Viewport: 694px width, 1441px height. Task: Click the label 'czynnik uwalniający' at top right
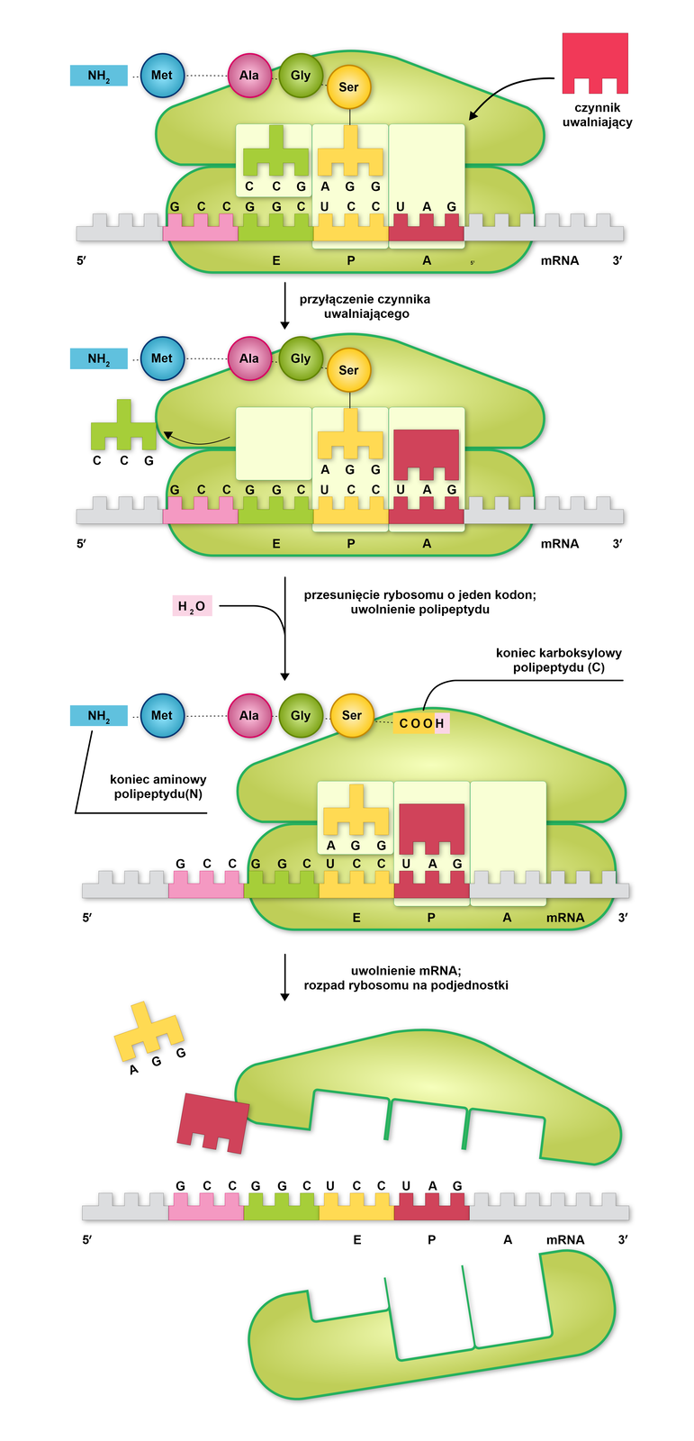tap(597, 114)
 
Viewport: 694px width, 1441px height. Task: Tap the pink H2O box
tap(192, 606)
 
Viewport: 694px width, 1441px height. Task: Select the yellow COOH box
tap(415, 723)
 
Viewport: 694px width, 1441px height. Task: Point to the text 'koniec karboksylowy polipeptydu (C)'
tap(558, 660)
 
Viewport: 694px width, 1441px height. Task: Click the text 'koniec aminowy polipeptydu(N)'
tap(158, 786)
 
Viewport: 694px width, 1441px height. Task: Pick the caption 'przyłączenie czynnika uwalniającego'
tap(365, 306)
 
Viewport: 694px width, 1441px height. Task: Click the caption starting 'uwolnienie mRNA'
tap(406, 977)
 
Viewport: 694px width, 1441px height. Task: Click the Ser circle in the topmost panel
tap(348, 87)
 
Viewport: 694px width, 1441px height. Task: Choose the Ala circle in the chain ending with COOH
tap(249, 716)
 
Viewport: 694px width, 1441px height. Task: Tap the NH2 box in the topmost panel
tap(99, 76)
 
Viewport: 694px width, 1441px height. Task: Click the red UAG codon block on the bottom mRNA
tap(432, 1206)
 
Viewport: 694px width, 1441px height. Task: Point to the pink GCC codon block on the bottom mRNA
tap(206, 1206)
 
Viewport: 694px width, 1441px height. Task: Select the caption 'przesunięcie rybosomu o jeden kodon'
tap(419, 595)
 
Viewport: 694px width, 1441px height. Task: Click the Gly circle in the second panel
tap(301, 359)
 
